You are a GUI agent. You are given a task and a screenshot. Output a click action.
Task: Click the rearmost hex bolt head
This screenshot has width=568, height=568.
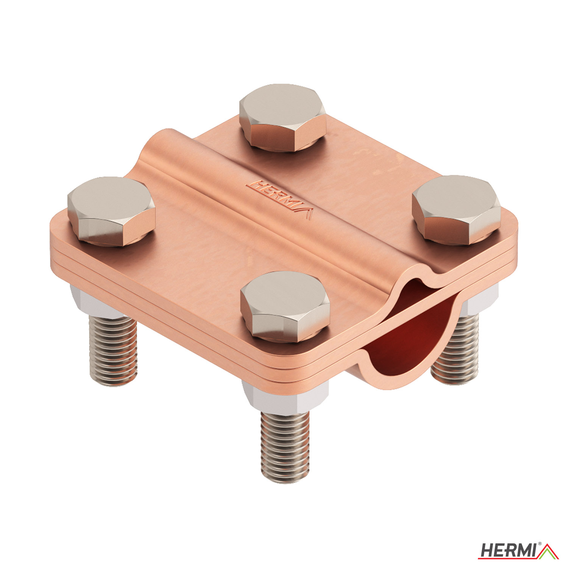[282, 117]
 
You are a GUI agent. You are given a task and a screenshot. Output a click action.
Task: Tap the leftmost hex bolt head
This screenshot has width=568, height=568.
[111, 211]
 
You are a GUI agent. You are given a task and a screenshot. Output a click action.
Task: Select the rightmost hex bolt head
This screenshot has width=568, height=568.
[456, 209]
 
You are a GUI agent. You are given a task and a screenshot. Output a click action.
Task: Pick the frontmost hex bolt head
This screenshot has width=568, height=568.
[285, 306]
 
